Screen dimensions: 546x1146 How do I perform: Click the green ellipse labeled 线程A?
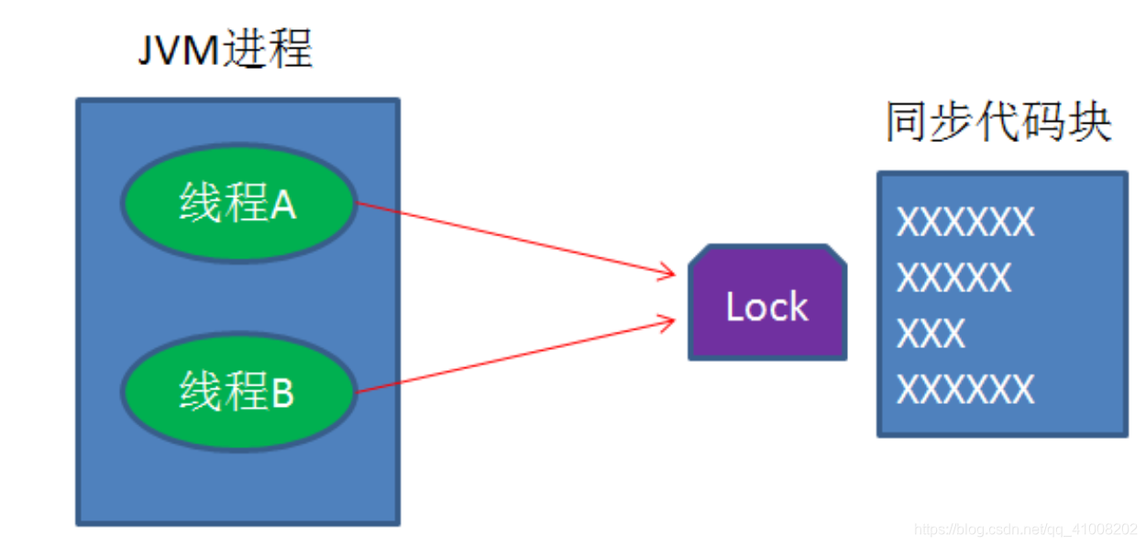click(x=237, y=202)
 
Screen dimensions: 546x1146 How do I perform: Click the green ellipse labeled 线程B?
click(x=237, y=392)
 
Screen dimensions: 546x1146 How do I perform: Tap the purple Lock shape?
click(x=767, y=302)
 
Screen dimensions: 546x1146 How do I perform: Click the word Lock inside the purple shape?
click(x=767, y=308)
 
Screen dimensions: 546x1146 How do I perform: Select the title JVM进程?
click(x=226, y=51)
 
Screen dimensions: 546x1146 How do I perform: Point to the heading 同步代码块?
click(x=998, y=123)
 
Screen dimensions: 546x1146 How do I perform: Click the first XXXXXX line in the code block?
click(x=965, y=223)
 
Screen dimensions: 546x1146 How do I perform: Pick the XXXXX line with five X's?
click(x=954, y=278)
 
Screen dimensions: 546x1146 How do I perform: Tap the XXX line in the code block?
click(x=931, y=334)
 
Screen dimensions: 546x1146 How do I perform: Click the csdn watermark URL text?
click(x=1026, y=530)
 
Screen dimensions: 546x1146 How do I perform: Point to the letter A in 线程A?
click(x=283, y=205)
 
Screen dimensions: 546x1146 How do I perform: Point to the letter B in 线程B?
click(x=282, y=395)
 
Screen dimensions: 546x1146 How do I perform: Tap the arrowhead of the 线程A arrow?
click(x=668, y=271)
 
